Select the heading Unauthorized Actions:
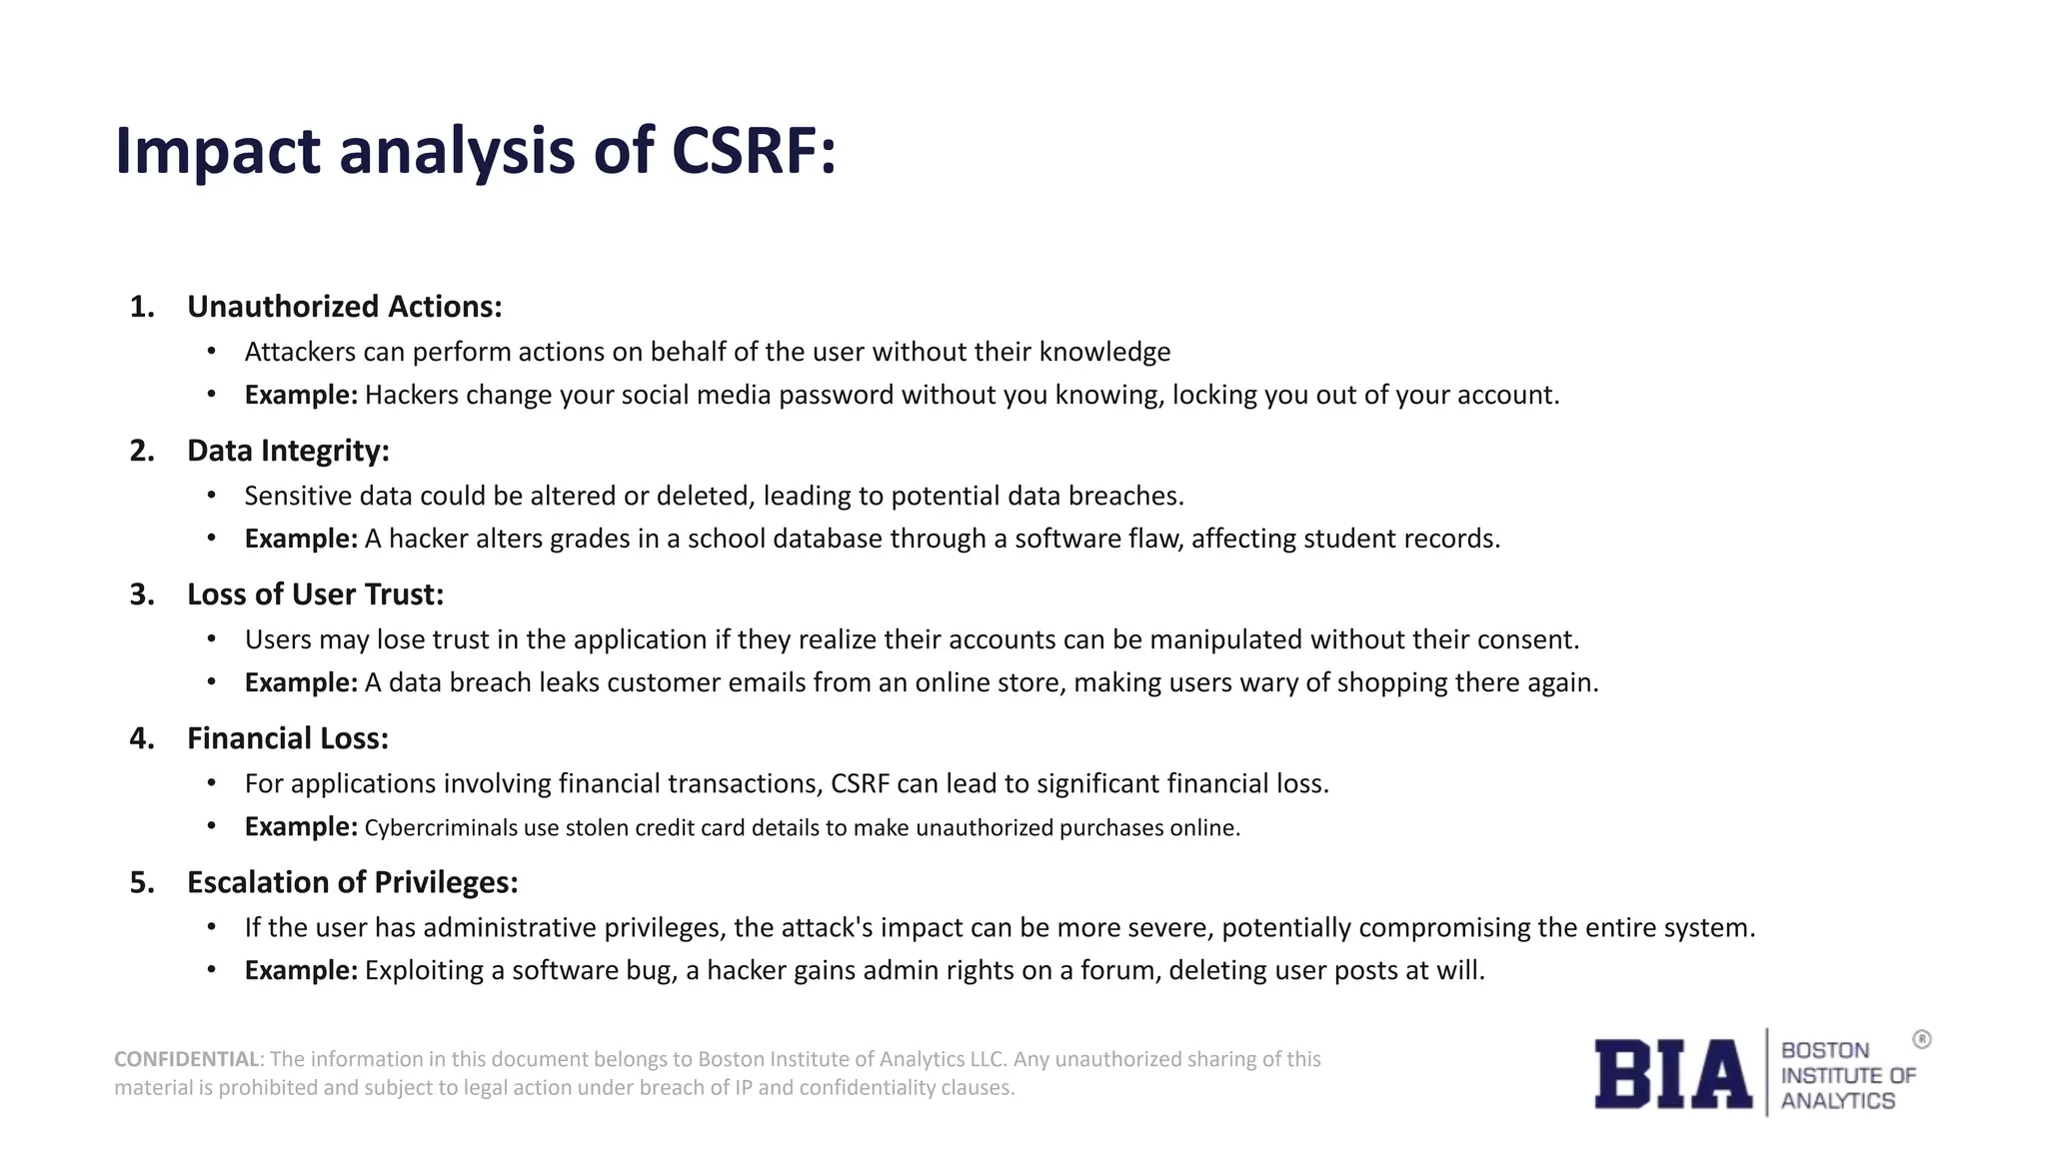(x=344, y=307)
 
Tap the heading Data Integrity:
(x=288, y=451)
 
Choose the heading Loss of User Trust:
(x=315, y=594)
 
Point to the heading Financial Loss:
(x=288, y=738)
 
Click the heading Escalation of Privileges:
(x=352, y=882)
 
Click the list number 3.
(x=142, y=594)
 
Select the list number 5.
(x=142, y=882)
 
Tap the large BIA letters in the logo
(x=1672, y=1074)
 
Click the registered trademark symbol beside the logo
(x=1921, y=1040)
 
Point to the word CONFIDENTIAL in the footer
(x=186, y=1059)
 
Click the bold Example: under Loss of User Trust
(x=300, y=682)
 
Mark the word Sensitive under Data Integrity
(x=298, y=496)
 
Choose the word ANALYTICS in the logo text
(x=1837, y=1101)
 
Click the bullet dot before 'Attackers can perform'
(x=211, y=352)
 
